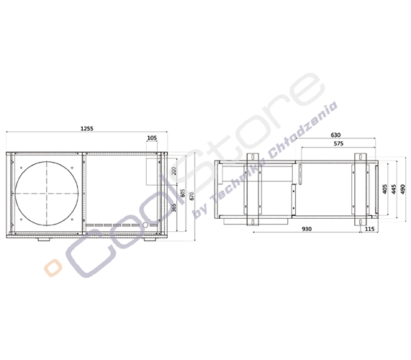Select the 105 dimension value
point(151,137)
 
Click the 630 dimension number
point(335,135)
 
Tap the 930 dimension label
point(307,228)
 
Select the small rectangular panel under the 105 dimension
point(152,171)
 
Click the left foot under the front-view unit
point(45,240)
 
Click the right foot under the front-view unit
point(148,240)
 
